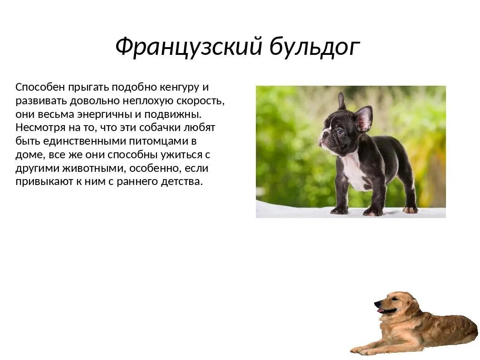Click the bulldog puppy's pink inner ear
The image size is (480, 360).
(x=363, y=119)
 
